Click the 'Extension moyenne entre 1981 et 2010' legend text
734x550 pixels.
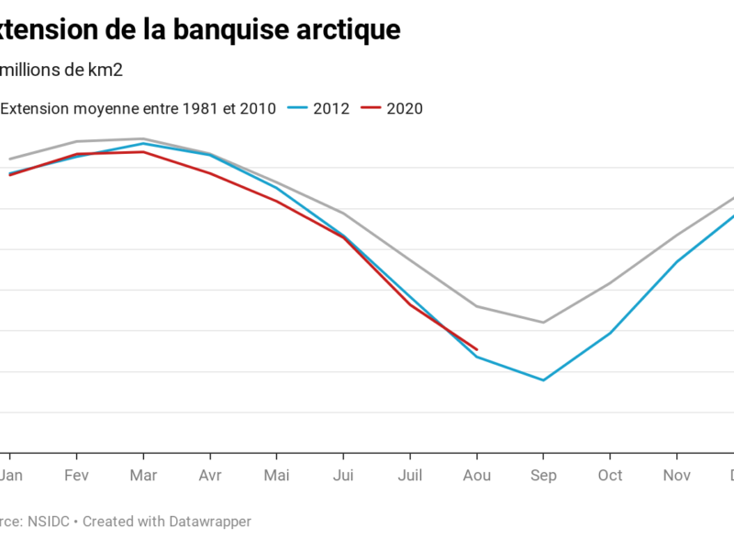click(x=138, y=108)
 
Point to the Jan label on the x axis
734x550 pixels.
click(x=11, y=475)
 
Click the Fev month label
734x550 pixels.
click(x=77, y=475)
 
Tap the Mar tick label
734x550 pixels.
click(x=143, y=475)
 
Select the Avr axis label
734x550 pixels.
click(x=210, y=475)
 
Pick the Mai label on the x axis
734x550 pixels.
click(x=276, y=475)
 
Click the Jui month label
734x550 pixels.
click(x=343, y=475)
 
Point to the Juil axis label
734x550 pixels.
click(x=410, y=475)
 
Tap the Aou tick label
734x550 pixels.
click(x=476, y=475)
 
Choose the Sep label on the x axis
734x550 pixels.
click(x=543, y=475)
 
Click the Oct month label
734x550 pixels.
click(x=610, y=475)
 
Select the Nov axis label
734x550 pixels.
click(x=677, y=475)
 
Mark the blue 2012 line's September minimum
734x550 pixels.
click(x=543, y=379)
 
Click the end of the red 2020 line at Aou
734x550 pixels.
click(x=476, y=349)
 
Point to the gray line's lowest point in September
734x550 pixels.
click(x=543, y=322)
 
